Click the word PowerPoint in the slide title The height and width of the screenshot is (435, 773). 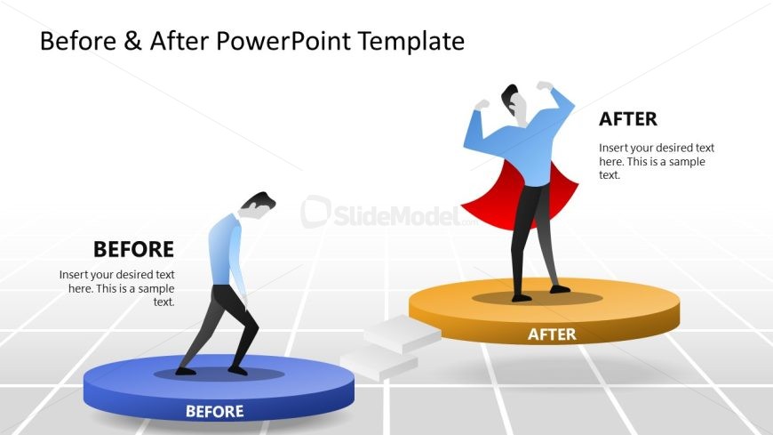(x=283, y=41)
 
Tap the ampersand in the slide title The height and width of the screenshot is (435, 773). (x=132, y=41)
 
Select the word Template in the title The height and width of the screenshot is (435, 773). (x=411, y=41)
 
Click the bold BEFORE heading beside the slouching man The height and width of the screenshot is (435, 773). (x=133, y=249)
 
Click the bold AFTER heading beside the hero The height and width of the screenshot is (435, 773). (x=628, y=119)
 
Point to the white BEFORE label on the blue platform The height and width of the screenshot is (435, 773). (x=214, y=411)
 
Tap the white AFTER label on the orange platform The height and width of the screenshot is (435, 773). (x=552, y=334)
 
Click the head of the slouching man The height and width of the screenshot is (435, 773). (x=258, y=205)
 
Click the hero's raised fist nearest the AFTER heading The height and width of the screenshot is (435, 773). (x=545, y=86)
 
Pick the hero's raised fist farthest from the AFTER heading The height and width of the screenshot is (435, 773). (x=482, y=105)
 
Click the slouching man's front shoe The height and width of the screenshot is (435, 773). (x=237, y=370)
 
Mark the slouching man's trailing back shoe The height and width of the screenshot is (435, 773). (x=186, y=371)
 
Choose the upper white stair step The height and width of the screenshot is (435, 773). (x=402, y=334)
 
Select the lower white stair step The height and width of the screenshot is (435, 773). (x=379, y=363)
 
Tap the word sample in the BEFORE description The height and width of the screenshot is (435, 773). (x=153, y=289)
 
